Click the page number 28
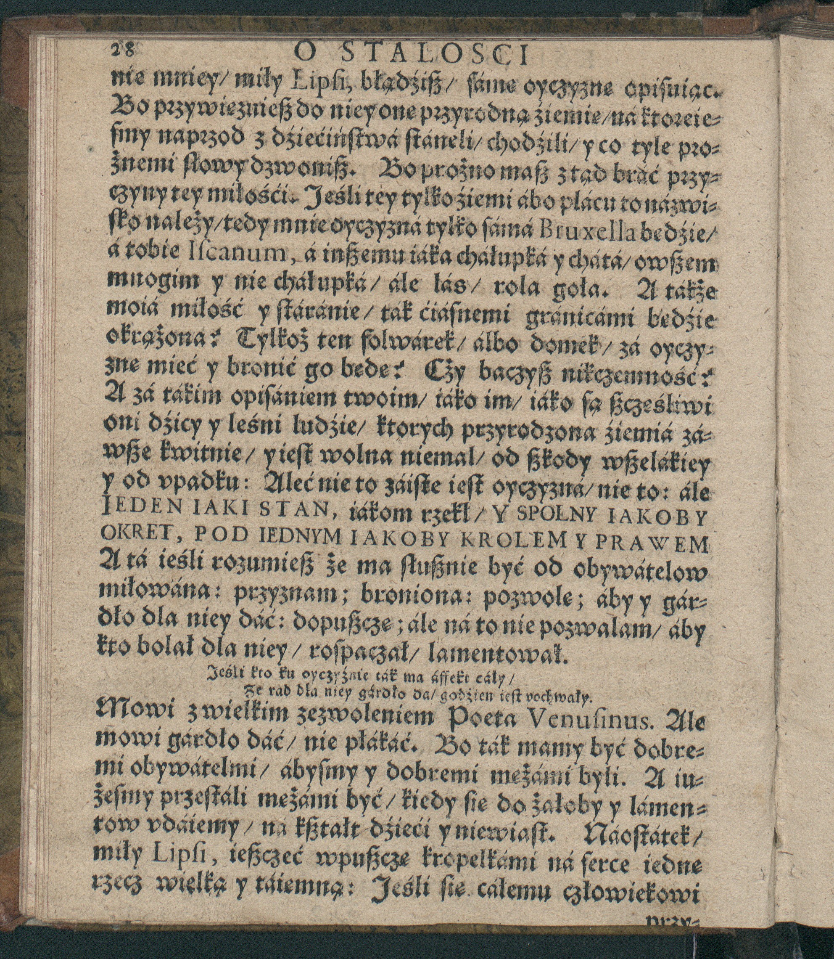coord(122,49)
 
